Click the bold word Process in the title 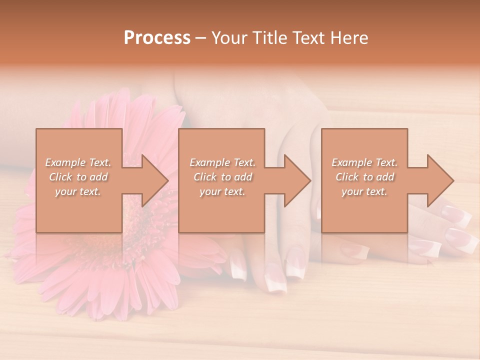[x=157, y=38]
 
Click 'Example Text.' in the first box [x=78, y=162]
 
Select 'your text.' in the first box [x=78, y=191]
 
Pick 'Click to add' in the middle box [x=222, y=177]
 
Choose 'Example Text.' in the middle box [x=222, y=162]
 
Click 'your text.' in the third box [x=364, y=191]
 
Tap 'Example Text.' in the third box [x=364, y=162]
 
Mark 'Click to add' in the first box [x=78, y=177]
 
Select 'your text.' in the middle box [x=222, y=191]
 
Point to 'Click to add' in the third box [x=364, y=177]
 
